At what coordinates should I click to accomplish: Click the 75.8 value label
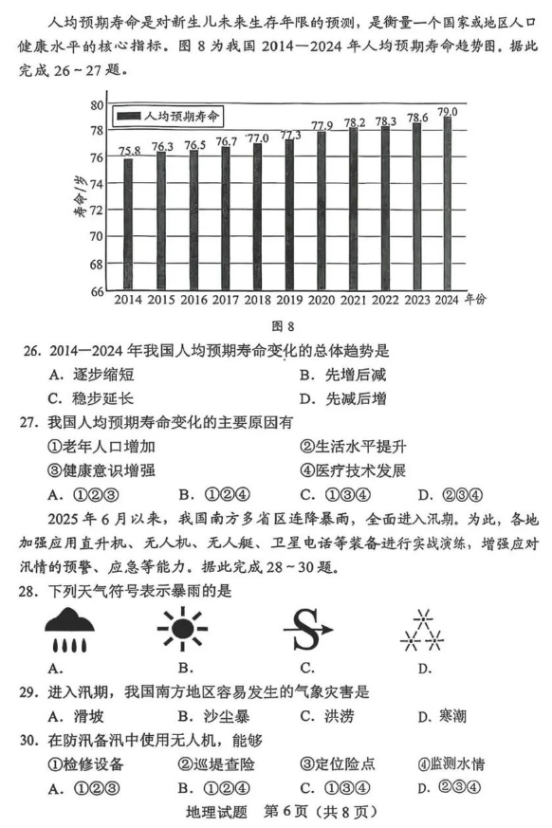coord(130,150)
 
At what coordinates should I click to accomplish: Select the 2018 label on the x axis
coord(257,301)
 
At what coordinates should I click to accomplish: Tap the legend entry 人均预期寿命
coord(171,116)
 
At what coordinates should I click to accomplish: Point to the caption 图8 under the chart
coord(273,326)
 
